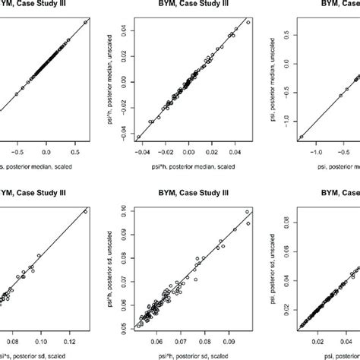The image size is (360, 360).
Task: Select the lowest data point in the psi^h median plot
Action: point(139,137)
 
